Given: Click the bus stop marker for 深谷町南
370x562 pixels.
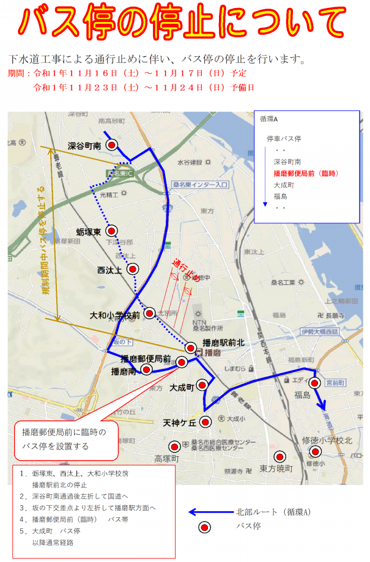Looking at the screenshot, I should [x=112, y=145].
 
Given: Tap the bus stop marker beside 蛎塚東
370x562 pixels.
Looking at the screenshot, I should [x=111, y=231].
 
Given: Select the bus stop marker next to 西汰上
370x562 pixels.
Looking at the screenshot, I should [x=132, y=268].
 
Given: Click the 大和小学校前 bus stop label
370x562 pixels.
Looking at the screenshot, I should [x=114, y=316].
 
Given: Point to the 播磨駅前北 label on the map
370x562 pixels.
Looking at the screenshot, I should [x=223, y=343].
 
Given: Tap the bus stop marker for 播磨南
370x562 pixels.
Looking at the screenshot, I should [x=146, y=369].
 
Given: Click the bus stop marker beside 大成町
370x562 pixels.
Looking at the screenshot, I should [x=202, y=385].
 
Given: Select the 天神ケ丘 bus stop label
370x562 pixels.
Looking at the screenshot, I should [x=179, y=423].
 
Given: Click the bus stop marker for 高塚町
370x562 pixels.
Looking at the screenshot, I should [x=175, y=446].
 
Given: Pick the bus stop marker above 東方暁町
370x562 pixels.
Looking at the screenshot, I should [x=279, y=456].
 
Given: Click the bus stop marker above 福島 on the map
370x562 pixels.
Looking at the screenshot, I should [x=314, y=383].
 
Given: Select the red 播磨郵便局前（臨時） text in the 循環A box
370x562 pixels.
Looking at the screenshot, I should [x=306, y=173].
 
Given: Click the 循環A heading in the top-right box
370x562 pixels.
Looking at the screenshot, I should [x=269, y=119].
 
